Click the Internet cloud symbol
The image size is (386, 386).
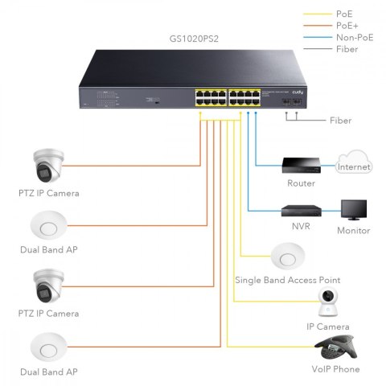pyautogui.click(x=355, y=165)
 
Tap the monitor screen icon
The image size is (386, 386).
pyautogui.click(x=354, y=211)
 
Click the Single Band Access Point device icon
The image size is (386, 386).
pyautogui.click(x=287, y=257)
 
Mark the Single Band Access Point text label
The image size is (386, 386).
pyautogui.click(x=287, y=280)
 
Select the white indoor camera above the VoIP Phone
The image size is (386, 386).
pyautogui.click(x=331, y=303)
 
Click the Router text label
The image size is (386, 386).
pyautogui.click(x=301, y=183)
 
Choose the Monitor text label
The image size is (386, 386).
pyautogui.click(x=354, y=230)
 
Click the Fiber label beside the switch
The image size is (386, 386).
pyautogui.click(x=341, y=121)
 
